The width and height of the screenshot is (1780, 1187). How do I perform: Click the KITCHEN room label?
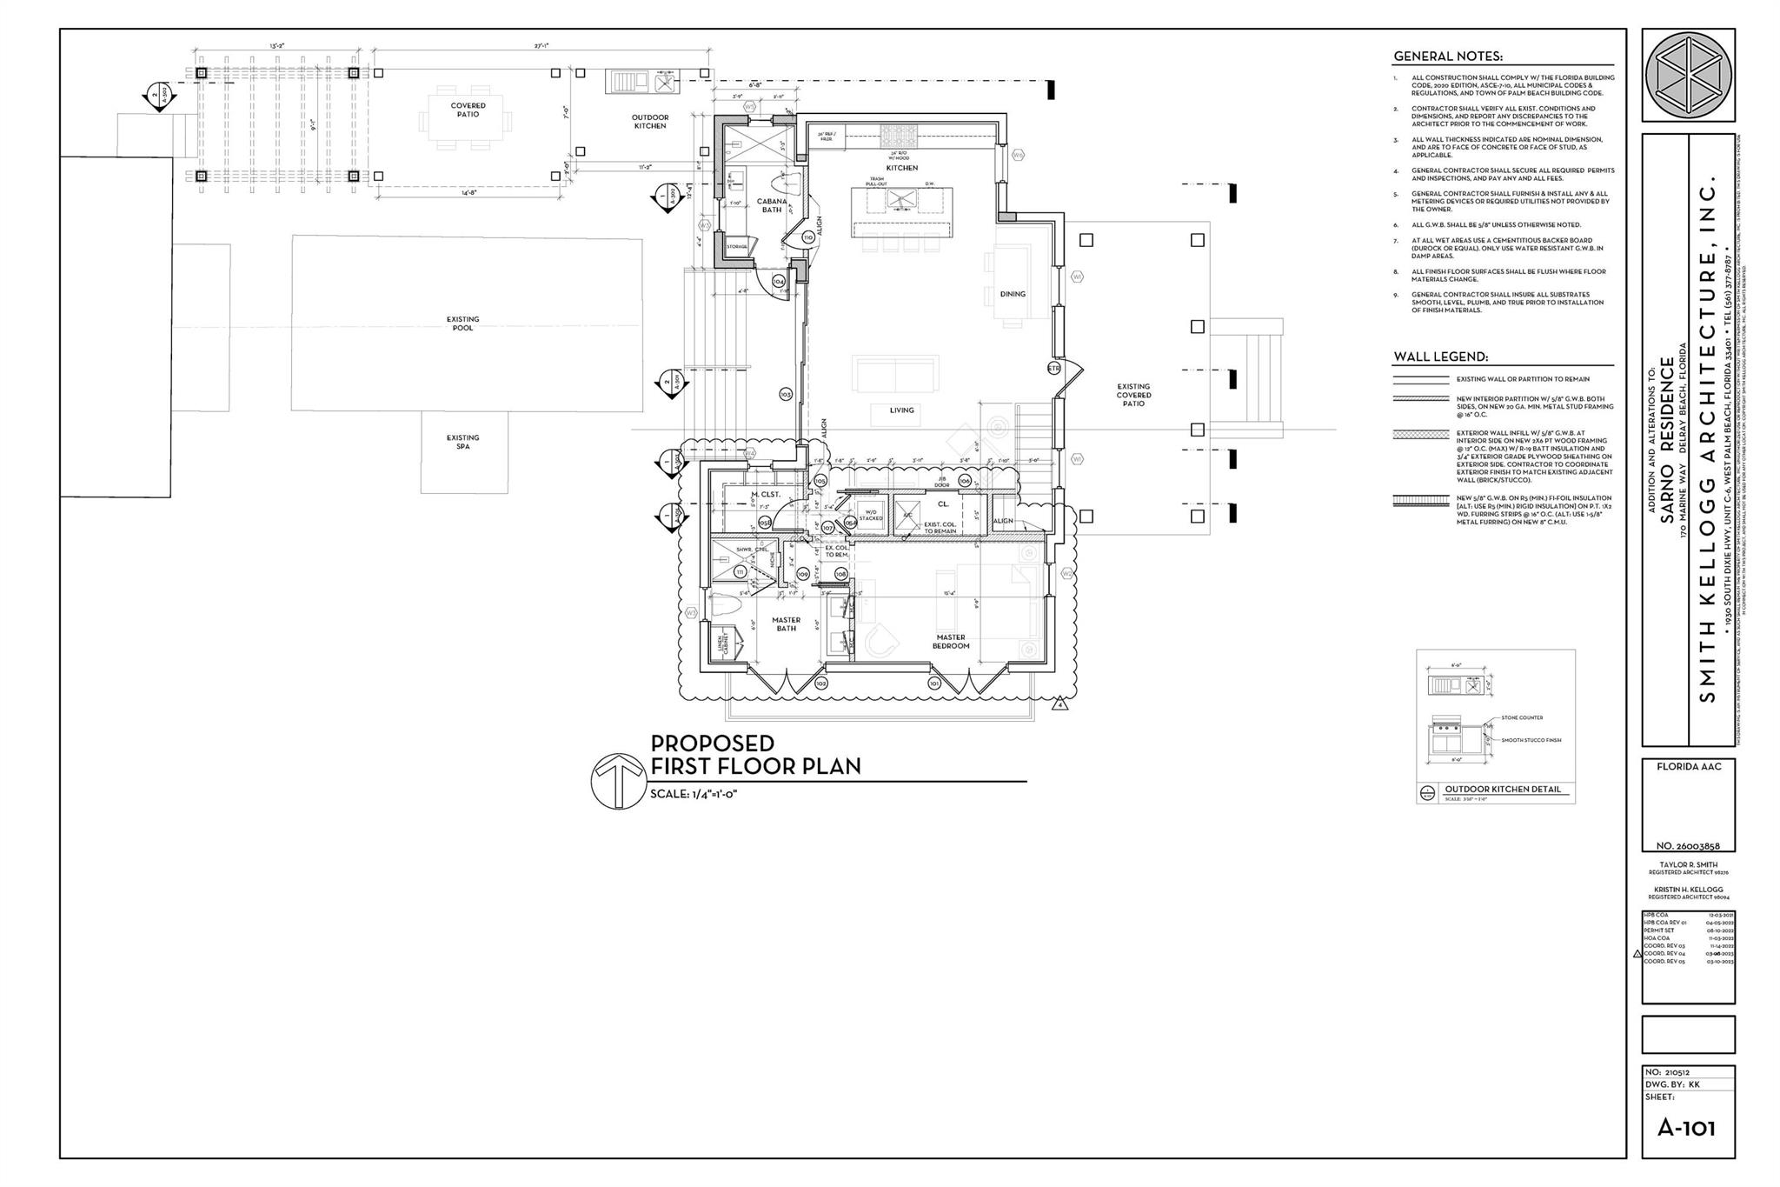pyautogui.click(x=901, y=168)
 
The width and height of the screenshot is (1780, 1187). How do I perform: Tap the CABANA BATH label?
pyautogui.click(x=772, y=205)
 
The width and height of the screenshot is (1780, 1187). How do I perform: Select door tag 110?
pyautogui.click(x=807, y=237)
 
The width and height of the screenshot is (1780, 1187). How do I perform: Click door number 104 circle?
pyautogui.click(x=778, y=282)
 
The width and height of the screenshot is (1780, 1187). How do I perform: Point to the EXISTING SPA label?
pyautogui.click(x=462, y=442)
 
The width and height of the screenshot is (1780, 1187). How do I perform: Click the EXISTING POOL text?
pyautogui.click(x=462, y=323)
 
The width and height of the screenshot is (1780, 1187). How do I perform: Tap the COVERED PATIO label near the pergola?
pyautogui.click(x=468, y=110)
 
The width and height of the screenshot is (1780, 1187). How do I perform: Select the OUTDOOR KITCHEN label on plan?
pyautogui.click(x=649, y=121)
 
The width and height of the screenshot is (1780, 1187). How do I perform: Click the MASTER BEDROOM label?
pyautogui.click(x=951, y=641)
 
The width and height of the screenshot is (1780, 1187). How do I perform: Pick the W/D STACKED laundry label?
pyautogui.click(x=870, y=515)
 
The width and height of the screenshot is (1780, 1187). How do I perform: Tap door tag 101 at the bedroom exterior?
pyautogui.click(x=934, y=684)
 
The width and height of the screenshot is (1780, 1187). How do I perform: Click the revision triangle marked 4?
pyautogui.click(x=1061, y=704)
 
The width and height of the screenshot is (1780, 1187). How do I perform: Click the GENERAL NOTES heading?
pyautogui.click(x=1447, y=57)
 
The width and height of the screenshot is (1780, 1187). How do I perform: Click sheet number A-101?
pyautogui.click(x=1686, y=1128)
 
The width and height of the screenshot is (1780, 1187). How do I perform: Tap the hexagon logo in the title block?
pyautogui.click(x=1688, y=76)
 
